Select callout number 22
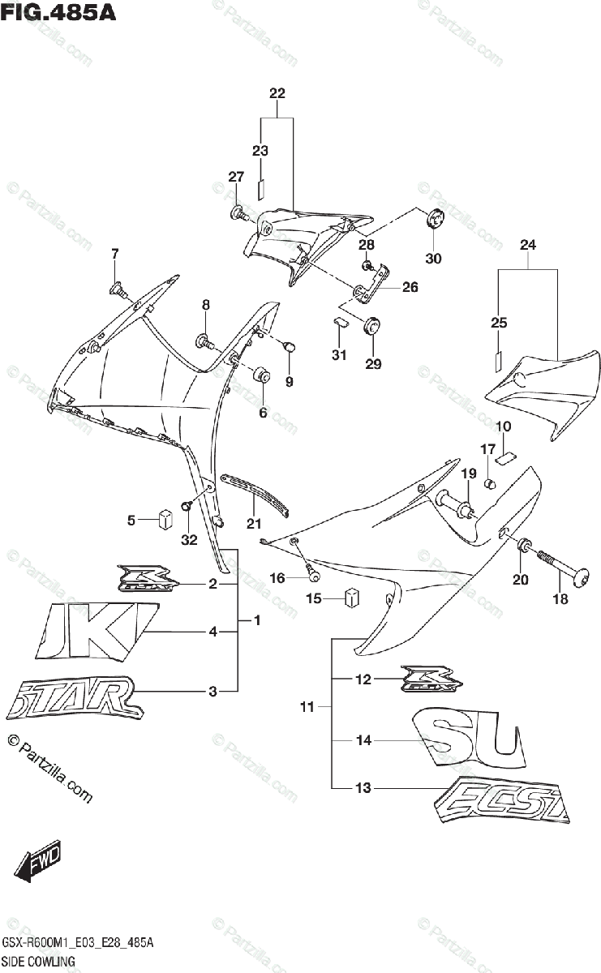(x=277, y=93)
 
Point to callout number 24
(x=528, y=245)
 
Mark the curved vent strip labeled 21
(x=255, y=494)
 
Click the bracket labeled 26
(x=372, y=284)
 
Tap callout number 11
(x=306, y=708)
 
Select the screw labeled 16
(x=312, y=574)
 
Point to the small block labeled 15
(x=351, y=598)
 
